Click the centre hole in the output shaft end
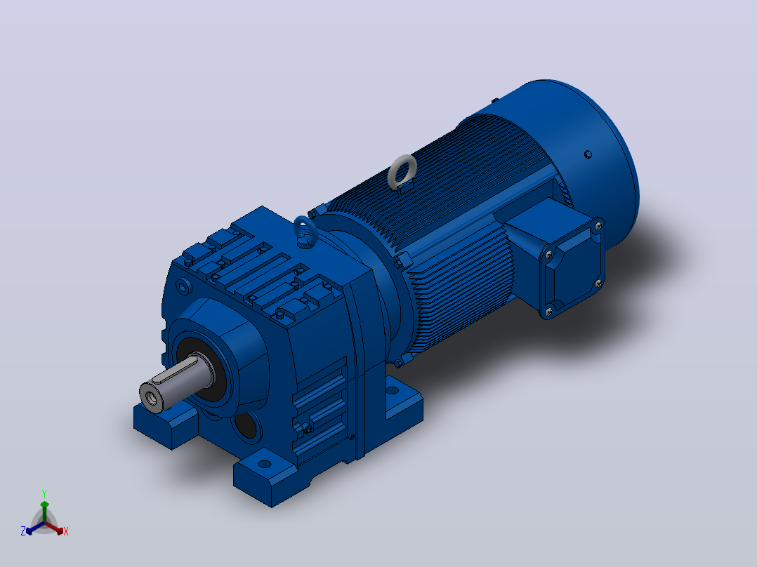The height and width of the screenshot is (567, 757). point(150,398)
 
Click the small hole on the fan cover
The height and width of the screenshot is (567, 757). point(588,154)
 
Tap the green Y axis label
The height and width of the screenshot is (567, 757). point(44,493)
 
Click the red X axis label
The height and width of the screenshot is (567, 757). point(66,531)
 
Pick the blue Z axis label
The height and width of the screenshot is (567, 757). point(22,531)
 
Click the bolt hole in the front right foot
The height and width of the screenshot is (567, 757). point(265,465)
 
